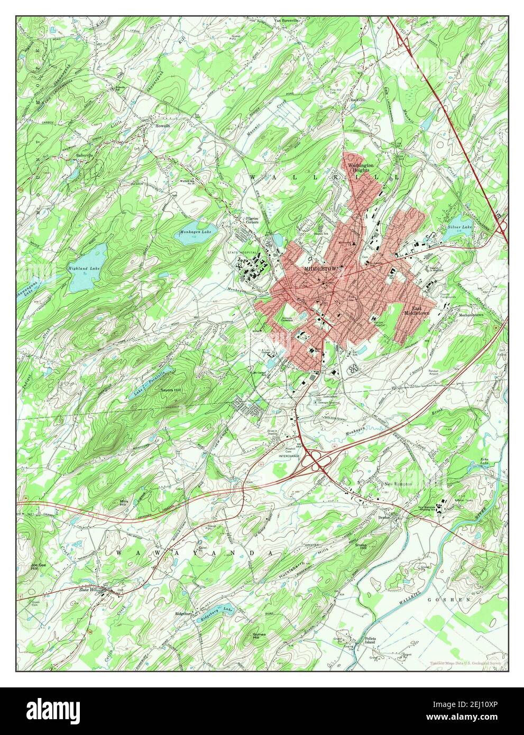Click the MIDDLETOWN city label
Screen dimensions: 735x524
(320, 269)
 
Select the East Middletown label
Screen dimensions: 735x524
(417, 311)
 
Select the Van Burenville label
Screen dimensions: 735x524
(286, 21)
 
